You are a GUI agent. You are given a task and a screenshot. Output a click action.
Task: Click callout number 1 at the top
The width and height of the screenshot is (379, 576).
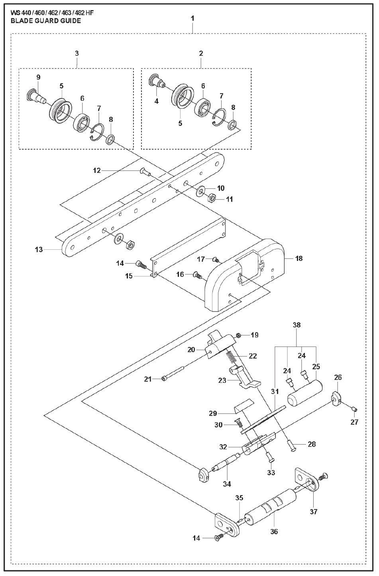tap(192, 18)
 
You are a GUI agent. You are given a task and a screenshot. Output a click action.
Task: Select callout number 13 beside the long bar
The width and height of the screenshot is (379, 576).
tap(39, 250)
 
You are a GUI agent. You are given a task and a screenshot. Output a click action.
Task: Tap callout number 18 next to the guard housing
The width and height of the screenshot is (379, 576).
tap(298, 259)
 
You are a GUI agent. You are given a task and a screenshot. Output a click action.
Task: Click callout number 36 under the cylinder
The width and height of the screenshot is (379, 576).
tap(274, 531)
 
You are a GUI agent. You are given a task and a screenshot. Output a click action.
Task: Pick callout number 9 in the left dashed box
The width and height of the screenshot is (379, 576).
tap(38, 77)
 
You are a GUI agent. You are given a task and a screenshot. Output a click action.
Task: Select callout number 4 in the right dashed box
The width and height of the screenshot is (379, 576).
tap(157, 101)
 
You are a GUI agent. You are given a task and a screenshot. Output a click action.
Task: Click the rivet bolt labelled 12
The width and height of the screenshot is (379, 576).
tap(144, 172)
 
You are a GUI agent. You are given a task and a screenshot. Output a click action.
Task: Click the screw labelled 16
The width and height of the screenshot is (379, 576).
tap(196, 274)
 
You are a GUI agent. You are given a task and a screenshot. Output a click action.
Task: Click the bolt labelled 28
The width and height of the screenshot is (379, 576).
tap(292, 447)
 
